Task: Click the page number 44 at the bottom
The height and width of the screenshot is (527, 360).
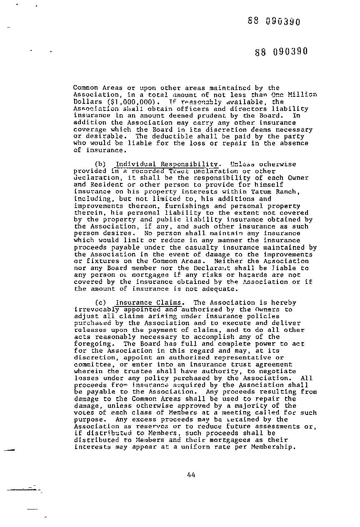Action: point(191,474)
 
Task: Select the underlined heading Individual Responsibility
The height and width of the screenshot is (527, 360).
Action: point(166,164)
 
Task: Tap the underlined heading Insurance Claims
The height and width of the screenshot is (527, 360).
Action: point(148,303)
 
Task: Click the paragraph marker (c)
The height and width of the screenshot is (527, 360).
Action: point(100,303)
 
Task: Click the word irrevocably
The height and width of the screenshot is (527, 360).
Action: point(95,309)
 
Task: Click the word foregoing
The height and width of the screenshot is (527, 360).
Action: point(93,344)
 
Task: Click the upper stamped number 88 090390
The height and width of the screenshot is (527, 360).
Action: point(274,21)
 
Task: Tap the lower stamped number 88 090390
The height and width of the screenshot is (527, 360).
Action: point(281,51)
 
